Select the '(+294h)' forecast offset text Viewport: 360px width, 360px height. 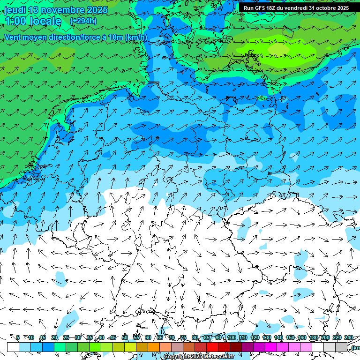[x=83, y=21]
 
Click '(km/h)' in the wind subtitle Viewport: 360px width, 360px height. [x=136, y=37]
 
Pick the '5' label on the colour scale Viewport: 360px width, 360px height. [x=18, y=337]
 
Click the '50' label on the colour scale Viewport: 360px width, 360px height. [x=125, y=337]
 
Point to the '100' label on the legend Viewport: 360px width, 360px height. [x=231, y=337]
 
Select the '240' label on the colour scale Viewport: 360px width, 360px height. [x=349, y=337]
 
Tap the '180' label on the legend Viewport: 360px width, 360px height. [x=314, y=337]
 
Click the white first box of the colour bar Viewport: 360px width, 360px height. [x=13, y=347]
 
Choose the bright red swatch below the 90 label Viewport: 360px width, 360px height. [x=212, y=347]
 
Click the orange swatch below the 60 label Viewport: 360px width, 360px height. [x=154, y=347]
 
